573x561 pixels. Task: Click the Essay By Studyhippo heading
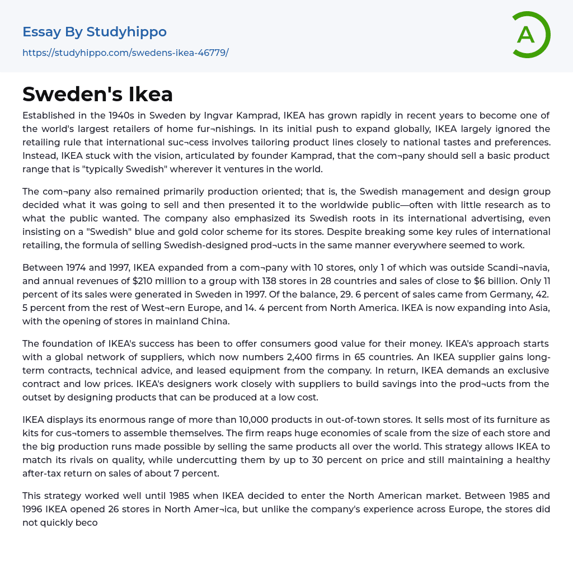(95, 32)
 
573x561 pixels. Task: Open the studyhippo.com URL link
(125, 53)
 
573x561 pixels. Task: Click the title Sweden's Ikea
(98, 94)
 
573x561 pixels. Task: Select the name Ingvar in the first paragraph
(229, 116)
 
